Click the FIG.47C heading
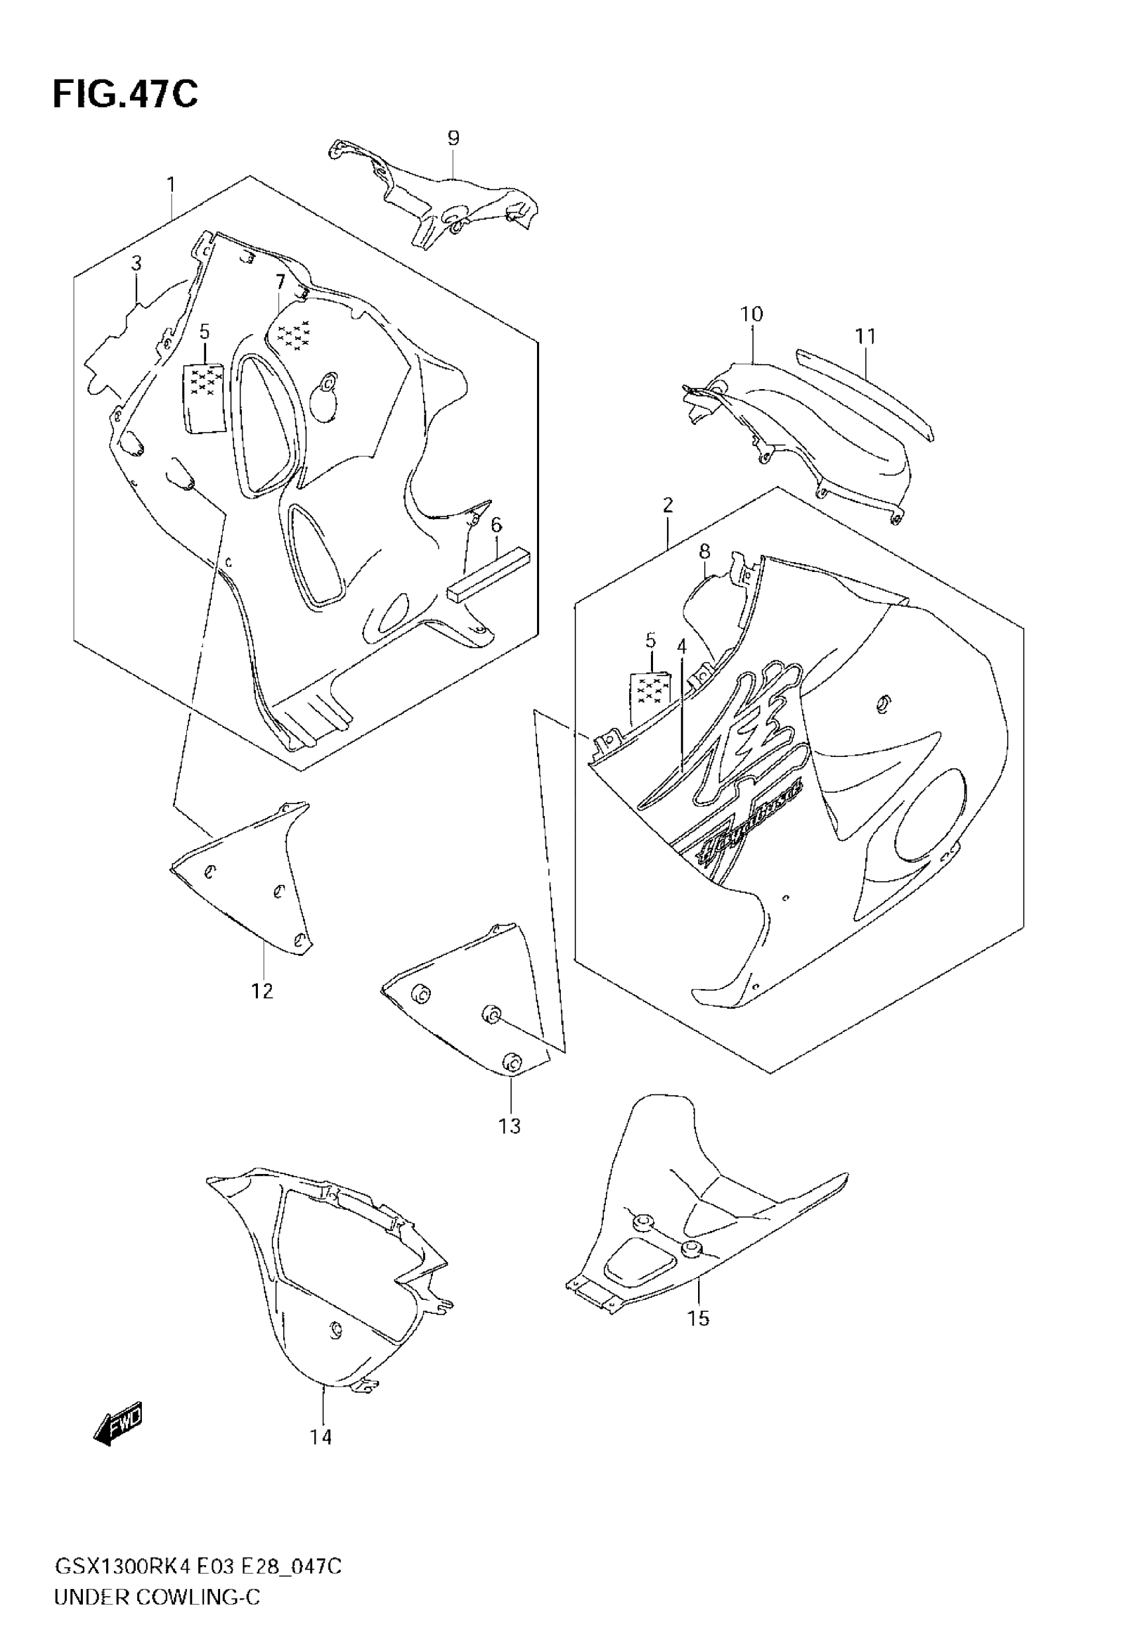coord(125,94)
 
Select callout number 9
coord(453,139)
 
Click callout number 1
coord(171,185)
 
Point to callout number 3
coord(137,263)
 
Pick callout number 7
coord(280,282)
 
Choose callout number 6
coord(497,525)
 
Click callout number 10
coord(751,314)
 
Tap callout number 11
coord(866,337)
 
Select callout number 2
coord(668,505)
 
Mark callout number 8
coord(704,552)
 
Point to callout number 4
coord(682,646)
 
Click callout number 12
coord(262,991)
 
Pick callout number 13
coord(509,1126)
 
